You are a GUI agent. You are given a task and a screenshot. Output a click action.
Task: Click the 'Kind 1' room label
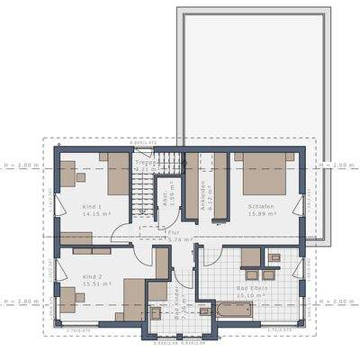point(66,207)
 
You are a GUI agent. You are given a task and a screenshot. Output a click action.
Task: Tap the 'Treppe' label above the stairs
point(146,162)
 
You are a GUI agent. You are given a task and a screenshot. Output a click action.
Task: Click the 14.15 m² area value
point(69,215)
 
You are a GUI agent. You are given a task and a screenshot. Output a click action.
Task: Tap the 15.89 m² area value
point(261,215)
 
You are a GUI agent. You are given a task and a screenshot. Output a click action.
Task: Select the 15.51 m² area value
point(70,283)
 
